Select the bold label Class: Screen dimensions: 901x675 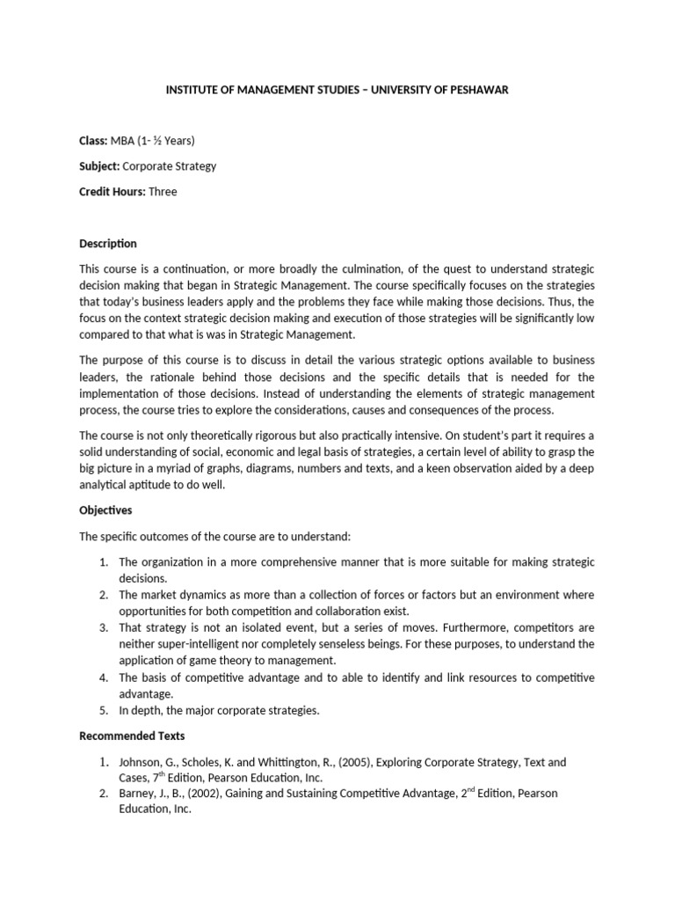(93, 141)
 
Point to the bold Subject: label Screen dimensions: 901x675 (99, 165)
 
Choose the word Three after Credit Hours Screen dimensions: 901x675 (163, 191)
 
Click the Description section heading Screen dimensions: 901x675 (108, 243)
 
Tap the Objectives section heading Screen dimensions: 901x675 (105, 510)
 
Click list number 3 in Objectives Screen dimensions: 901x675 (102, 628)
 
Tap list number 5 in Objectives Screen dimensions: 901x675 (102, 710)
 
